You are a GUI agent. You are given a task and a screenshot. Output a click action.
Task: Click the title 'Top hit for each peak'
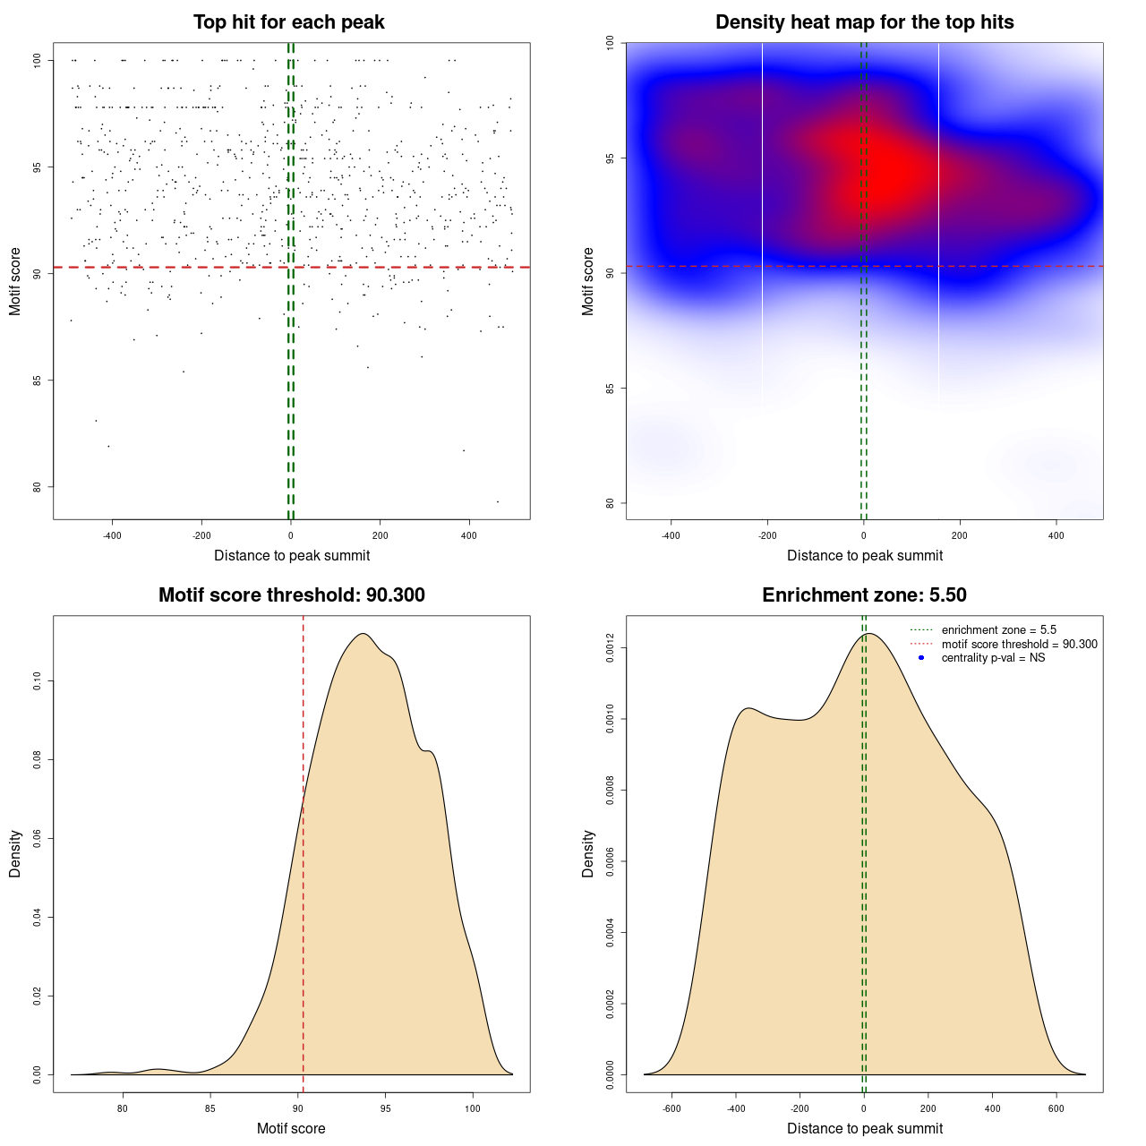coord(288,22)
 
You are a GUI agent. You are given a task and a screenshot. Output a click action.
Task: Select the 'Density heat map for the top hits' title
coord(864,22)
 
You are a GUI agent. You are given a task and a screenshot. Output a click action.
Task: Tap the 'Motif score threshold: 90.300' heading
coord(291,595)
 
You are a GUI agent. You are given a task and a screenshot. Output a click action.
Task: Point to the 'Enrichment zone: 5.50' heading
coord(864,595)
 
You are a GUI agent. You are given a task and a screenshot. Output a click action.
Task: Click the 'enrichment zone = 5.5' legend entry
coord(998,630)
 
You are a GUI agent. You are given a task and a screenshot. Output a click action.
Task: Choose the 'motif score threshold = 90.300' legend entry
coord(1019,644)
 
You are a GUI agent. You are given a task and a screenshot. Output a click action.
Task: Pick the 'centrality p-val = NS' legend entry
coord(993,658)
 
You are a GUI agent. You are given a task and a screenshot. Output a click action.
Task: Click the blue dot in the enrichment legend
coord(921,658)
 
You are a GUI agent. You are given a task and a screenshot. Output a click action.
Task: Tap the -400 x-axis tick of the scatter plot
coord(112,536)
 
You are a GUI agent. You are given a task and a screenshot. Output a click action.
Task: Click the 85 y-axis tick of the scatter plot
coord(37,381)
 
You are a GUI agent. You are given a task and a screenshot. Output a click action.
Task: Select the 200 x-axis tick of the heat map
coord(960,536)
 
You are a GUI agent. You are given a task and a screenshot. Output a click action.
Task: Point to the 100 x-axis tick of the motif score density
coord(473,1108)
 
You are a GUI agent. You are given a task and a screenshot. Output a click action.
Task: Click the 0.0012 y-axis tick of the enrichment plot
coord(610,648)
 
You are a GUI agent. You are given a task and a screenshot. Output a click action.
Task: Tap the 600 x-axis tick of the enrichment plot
coord(1056,1108)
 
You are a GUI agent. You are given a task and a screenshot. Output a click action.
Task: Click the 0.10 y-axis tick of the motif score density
coord(37,682)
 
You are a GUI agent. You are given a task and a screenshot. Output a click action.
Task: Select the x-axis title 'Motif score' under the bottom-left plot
coord(291,1128)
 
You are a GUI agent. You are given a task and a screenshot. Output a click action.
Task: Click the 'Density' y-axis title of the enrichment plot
coord(588,853)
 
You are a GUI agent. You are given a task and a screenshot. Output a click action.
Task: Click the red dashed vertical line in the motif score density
coord(304,851)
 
